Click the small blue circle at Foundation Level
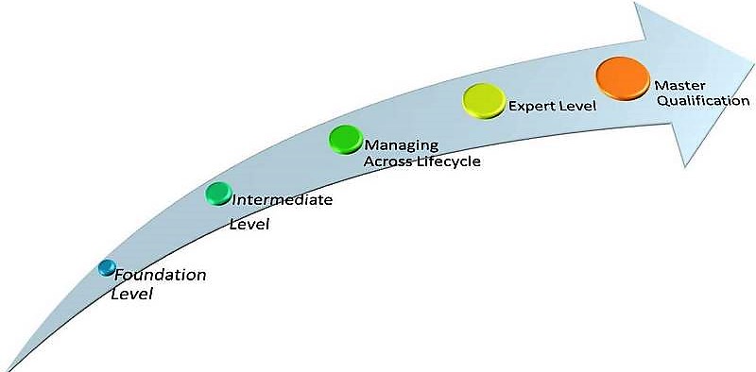coord(107,268)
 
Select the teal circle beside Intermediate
coord(218,194)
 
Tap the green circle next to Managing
coord(346,139)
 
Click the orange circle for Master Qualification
coord(623,76)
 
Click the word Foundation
coord(160,276)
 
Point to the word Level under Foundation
coord(132,295)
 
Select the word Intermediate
coord(282,200)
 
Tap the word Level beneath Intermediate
coord(250,225)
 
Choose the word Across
coord(387,161)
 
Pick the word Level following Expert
coord(577,106)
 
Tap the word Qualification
coord(697,101)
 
